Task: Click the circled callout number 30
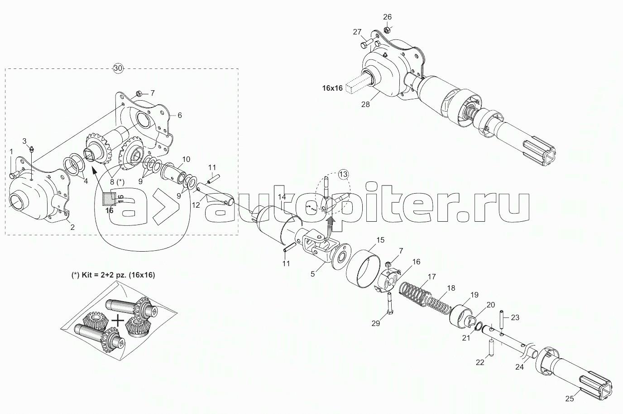118,68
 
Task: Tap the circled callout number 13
343,174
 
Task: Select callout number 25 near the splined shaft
570,399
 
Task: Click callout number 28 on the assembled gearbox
365,104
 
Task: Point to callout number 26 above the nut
388,17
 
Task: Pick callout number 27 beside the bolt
358,32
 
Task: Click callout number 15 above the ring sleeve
380,239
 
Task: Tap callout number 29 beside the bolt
376,323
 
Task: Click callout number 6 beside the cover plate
179,115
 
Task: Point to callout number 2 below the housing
72,227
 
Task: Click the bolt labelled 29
389,304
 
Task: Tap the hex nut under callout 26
387,30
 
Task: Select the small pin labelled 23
502,317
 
